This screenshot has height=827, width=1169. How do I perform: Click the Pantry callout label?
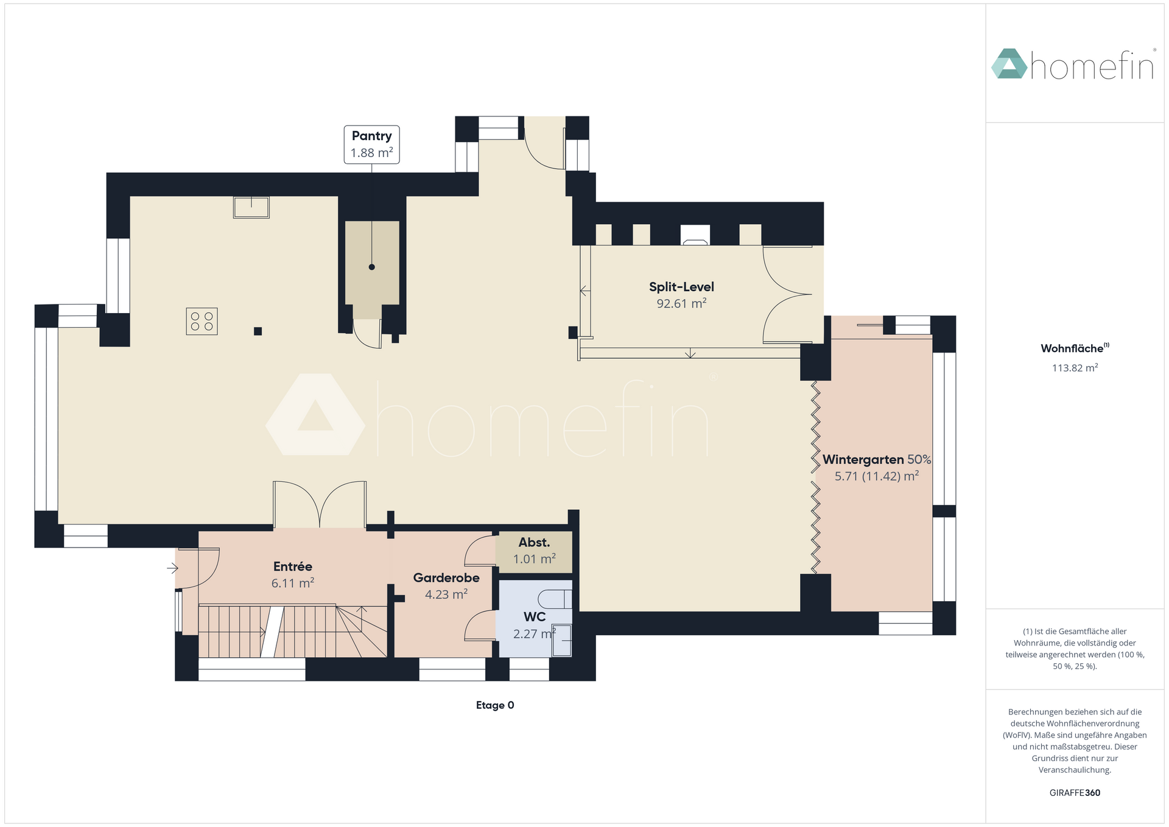(x=371, y=144)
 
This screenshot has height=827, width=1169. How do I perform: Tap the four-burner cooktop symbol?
(x=202, y=322)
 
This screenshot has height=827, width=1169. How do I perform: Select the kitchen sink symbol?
(x=251, y=207)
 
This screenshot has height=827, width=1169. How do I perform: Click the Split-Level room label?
(x=681, y=287)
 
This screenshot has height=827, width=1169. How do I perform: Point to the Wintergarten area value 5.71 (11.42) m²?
(x=876, y=476)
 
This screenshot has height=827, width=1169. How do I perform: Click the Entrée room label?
(x=293, y=566)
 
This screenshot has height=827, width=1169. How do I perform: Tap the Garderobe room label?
(x=446, y=578)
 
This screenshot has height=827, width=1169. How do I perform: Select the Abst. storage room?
(x=534, y=552)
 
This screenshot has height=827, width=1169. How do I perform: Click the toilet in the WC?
(x=555, y=599)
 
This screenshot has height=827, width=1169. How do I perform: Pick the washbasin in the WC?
(x=562, y=640)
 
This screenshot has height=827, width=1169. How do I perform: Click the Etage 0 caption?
(x=495, y=705)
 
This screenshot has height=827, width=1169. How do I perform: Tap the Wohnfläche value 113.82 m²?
(x=1075, y=368)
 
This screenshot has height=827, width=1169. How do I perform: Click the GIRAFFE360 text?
(x=1075, y=793)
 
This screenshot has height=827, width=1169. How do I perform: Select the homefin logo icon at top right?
(x=1009, y=63)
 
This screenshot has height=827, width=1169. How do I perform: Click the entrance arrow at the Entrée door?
(x=173, y=569)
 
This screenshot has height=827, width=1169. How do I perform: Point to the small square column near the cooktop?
(x=258, y=331)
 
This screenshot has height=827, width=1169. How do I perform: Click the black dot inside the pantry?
(x=372, y=267)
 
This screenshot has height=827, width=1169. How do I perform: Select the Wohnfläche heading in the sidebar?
(x=1075, y=348)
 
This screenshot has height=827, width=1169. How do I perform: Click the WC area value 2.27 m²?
(x=534, y=634)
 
